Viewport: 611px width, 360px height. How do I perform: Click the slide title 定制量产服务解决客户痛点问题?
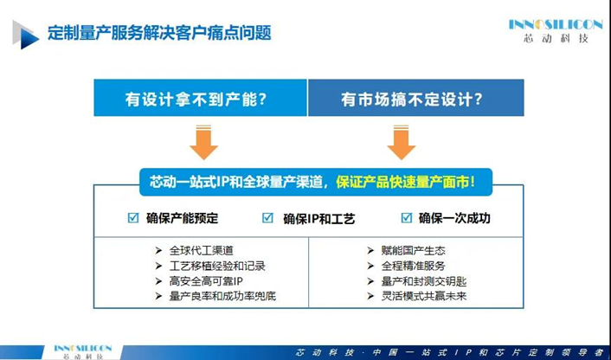pyautogui.click(x=159, y=33)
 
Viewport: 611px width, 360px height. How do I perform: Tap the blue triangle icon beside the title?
pyautogui.click(x=26, y=35)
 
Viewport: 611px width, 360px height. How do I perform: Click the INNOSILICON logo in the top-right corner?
pyautogui.click(x=556, y=31)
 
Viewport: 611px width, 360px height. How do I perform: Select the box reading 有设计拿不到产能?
pyautogui.click(x=200, y=98)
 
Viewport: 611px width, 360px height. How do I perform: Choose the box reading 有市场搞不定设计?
pyautogui.click(x=416, y=98)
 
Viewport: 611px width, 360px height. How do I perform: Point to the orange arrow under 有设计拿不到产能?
pyautogui.click(x=203, y=142)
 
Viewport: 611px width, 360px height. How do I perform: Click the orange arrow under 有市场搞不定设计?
pyautogui.click(x=402, y=142)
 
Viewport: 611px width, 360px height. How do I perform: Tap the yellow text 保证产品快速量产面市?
pyautogui.click(x=406, y=183)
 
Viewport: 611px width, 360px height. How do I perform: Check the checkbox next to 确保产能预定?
pyautogui.click(x=133, y=217)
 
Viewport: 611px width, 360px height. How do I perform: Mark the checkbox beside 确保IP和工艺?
pyautogui.click(x=267, y=217)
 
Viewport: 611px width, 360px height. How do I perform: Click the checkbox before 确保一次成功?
pyautogui.click(x=407, y=217)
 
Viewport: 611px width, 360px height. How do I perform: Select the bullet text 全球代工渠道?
pyautogui.click(x=201, y=250)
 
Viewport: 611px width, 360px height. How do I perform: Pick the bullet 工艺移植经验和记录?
pyautogui.click(x=217, y=266)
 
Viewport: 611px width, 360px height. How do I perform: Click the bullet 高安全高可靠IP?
pyautogui.click(x=206, y=281)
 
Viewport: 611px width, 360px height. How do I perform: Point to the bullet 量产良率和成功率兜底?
pyautogui.click(x=222, y=296)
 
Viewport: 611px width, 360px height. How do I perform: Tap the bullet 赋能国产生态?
pyautogui.click(x=413, y=250)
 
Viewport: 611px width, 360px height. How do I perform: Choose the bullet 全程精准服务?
pyautogui.click(x=413, y=266)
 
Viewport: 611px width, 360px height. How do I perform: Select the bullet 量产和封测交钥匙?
pyautogui.click(x=423, y=281)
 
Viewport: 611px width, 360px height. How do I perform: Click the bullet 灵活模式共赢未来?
pyautogui.click(x=423, y=296)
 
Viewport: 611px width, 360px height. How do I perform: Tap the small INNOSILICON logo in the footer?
pyautogui.click(x=83, y=351)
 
